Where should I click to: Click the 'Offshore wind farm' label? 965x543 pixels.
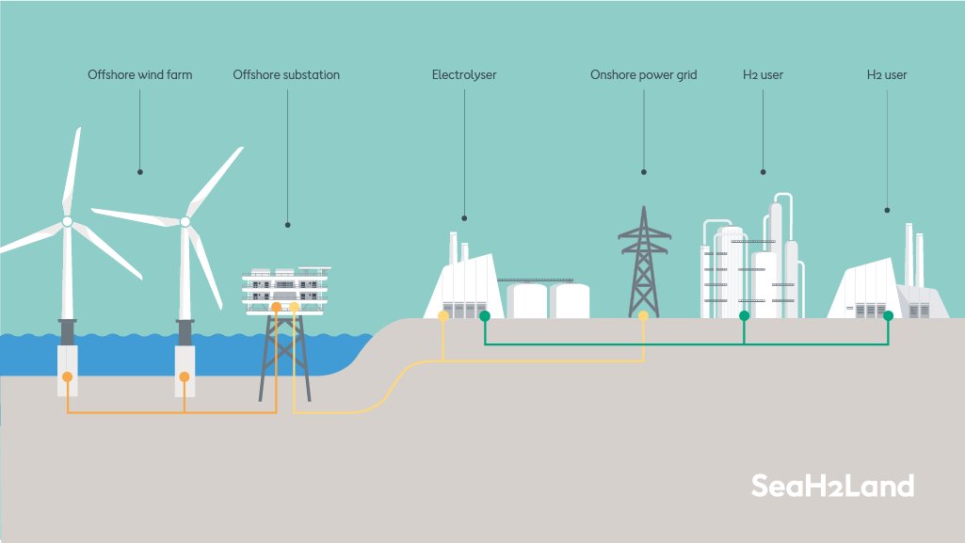[x=139, y=74]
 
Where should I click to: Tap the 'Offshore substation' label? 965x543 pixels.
[x=286, y=74]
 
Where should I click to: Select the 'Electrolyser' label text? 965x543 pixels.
[x=464, y=74]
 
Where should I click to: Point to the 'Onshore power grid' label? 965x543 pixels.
[x=644, y=74]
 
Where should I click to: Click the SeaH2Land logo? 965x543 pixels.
[x=832, y=487]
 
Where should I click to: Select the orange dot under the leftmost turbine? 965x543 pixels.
[x=68, y=376]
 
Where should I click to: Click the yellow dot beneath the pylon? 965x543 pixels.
[x=644, y=316]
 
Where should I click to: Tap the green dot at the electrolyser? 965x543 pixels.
[x=485, y=316]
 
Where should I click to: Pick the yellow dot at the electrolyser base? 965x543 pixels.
[x=443, y=316]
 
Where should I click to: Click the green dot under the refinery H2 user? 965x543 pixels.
[x=744, y=316]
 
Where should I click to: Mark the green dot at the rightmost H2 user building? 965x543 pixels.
[x=888, y=316]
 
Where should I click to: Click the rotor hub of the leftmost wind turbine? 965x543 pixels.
[x=68, y=221]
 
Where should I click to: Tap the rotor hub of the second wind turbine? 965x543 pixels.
[x=185, y=222]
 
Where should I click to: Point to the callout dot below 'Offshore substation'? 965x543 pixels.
[x=287, y=225]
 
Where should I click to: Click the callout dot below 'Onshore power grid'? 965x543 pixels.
[x=644, y=172]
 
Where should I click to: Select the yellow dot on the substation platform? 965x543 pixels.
[x=295, y=308]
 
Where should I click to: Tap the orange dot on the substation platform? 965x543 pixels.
[x=276, y=308]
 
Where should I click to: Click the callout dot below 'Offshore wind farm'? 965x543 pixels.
[x=139, y=172]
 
